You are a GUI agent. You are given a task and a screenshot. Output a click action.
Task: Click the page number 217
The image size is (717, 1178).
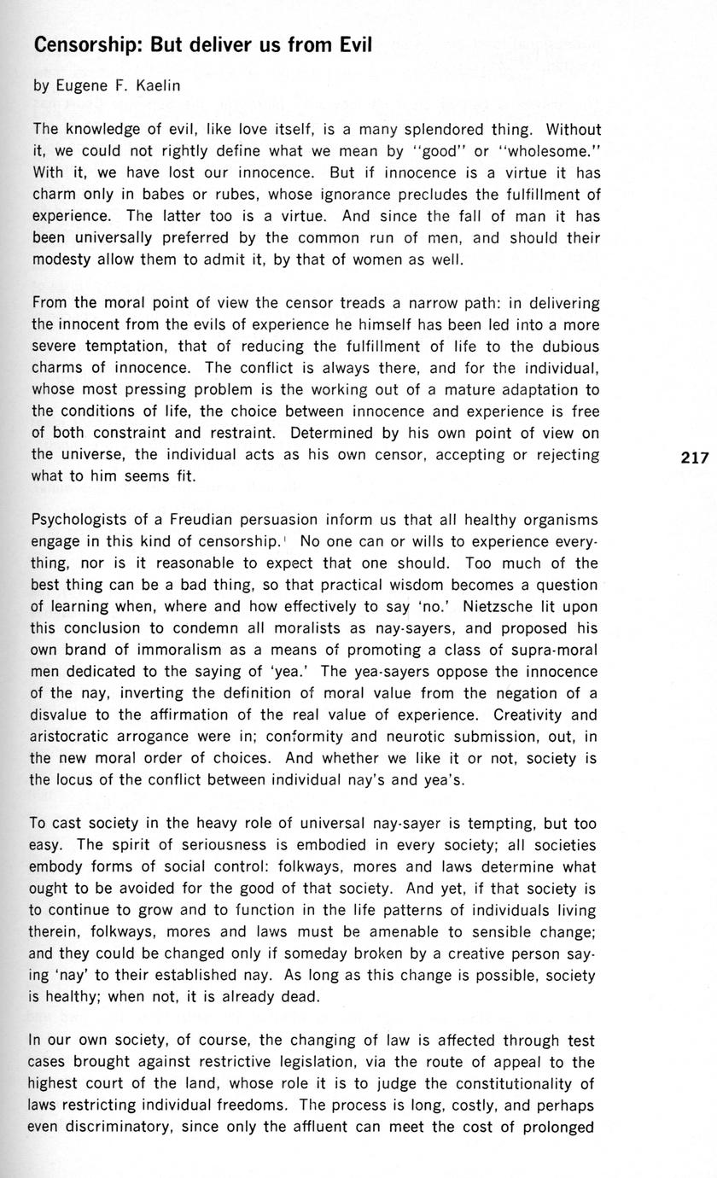point(695,458)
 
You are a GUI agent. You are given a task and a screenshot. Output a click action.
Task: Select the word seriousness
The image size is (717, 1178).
point(228,845)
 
